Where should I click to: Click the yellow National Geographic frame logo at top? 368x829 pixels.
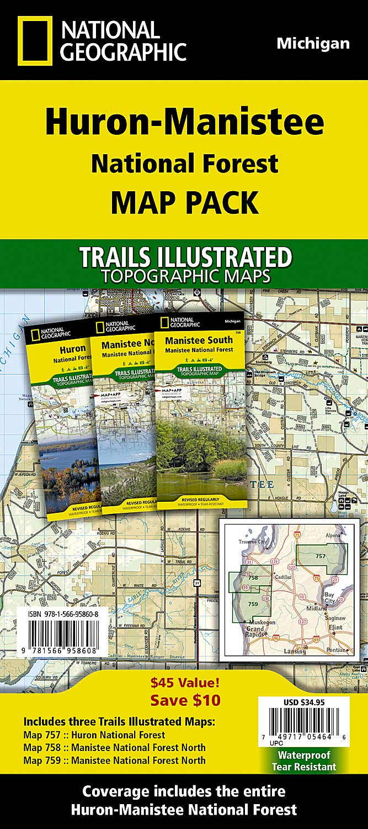tap(34, 41)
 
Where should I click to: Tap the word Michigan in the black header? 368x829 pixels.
tap(313, 44)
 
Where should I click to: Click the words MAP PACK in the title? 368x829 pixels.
tap(184, 202)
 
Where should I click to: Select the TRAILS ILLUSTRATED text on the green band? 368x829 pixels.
tap(184, 257)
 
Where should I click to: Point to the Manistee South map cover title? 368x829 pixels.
tap(199, 340)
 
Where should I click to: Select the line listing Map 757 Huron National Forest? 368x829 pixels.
tap(94, 735)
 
